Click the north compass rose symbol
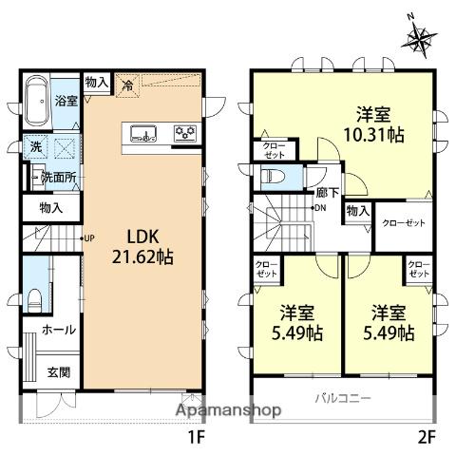(x=421, y=38)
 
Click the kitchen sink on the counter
(x=142, y=133)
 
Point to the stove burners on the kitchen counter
(x=184, y=133)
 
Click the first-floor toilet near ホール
(x=34, y=296)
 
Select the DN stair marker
(x=321, y=207)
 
